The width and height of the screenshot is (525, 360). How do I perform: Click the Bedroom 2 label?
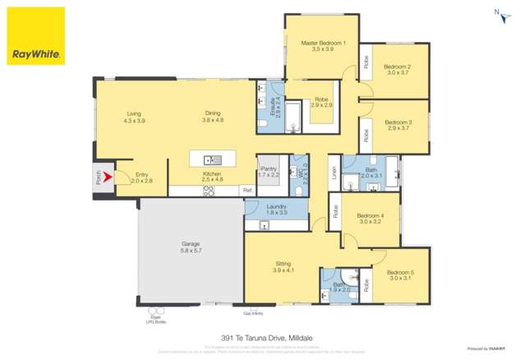(x=398, y=67)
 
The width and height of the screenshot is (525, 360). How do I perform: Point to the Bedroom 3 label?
(x=398, y=122)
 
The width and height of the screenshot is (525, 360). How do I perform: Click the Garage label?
(x=191, y=243)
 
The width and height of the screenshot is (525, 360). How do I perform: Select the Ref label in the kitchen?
(x=246, y=190)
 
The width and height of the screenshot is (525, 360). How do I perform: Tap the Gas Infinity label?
(x=252, y=312)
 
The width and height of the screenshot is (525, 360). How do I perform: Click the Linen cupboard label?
(x=334, y=173)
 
